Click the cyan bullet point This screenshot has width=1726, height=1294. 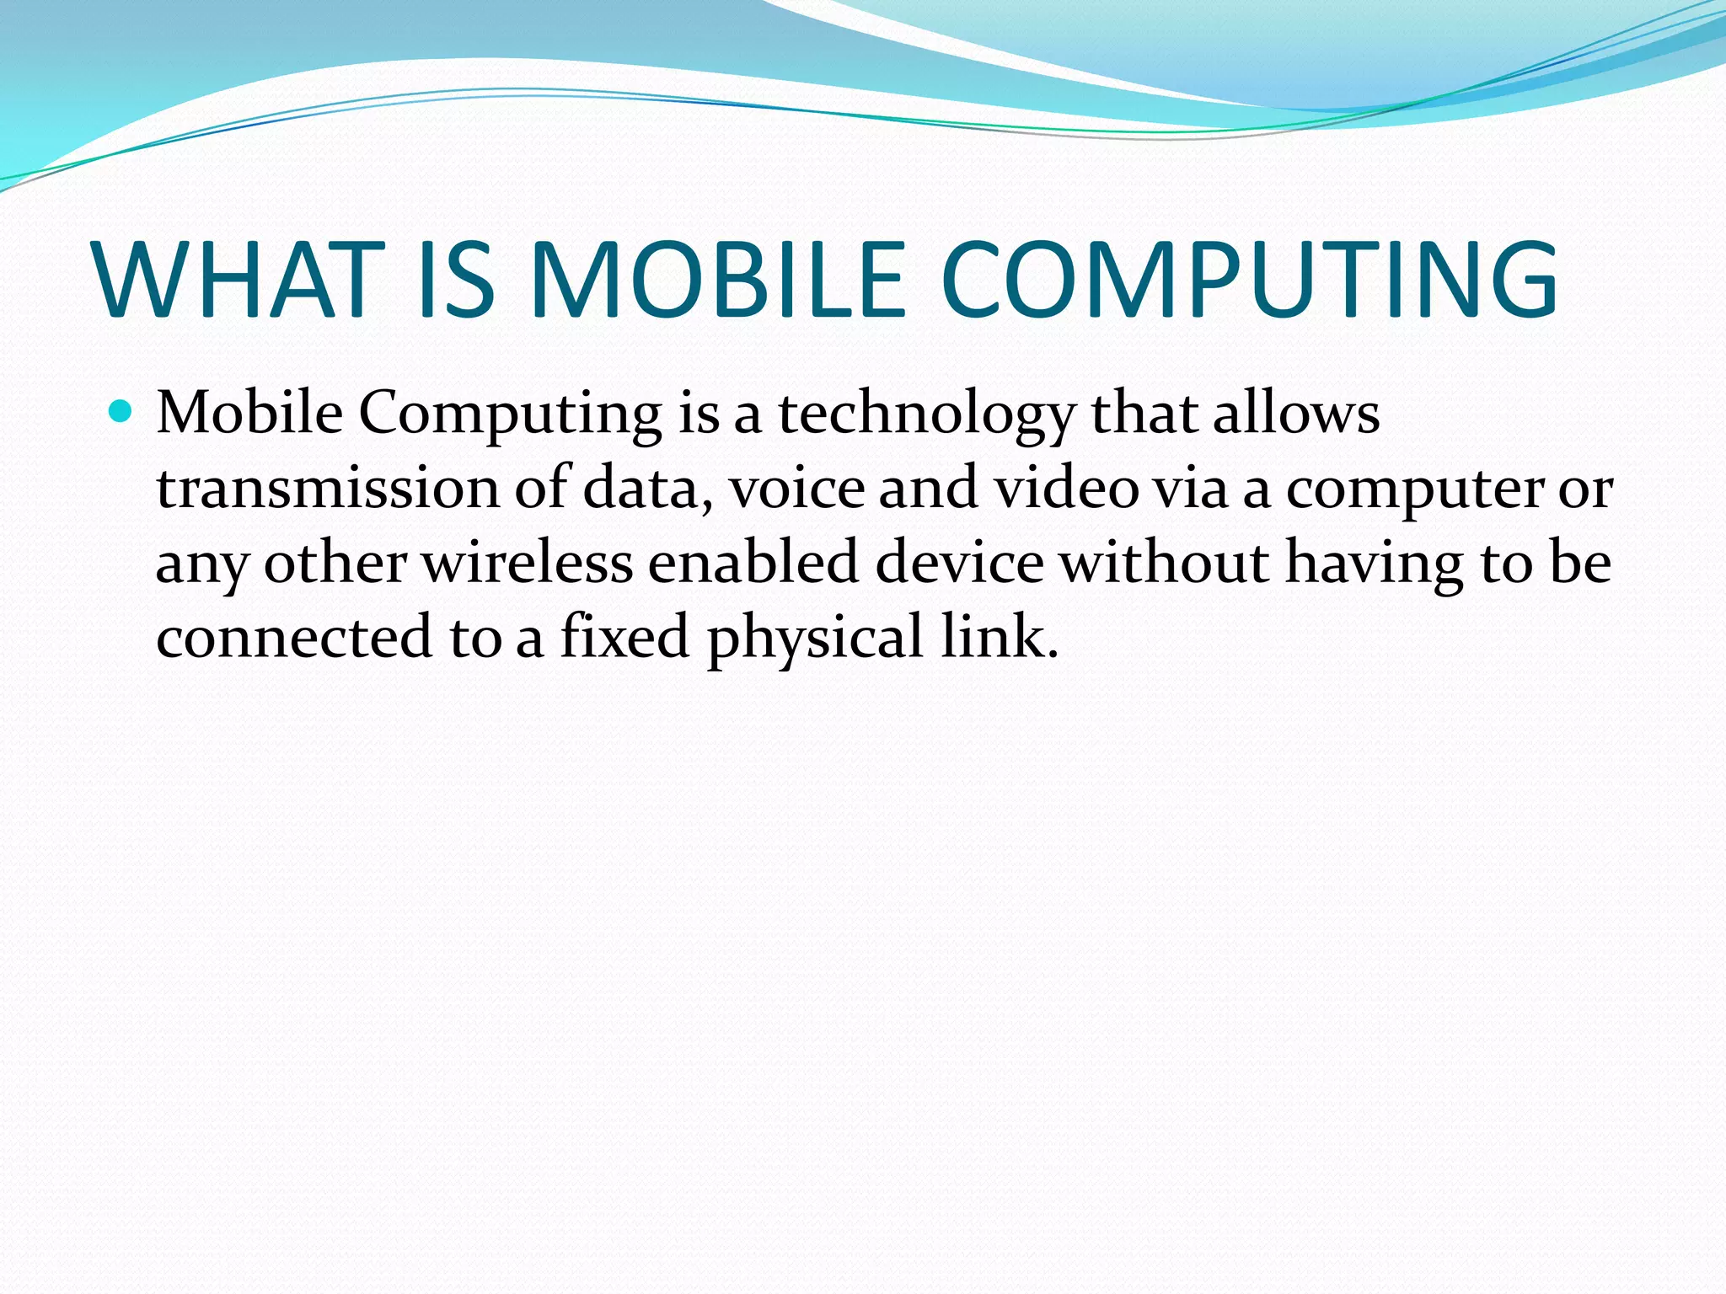(x=122, y=412)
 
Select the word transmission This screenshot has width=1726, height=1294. (x=328, y=489)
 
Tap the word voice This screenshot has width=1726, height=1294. (x=796, y=489)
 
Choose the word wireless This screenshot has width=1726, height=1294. (x=527, y=562)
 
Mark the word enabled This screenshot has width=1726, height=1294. (x=753, y=562)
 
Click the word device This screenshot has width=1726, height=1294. (x=959, y=562)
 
